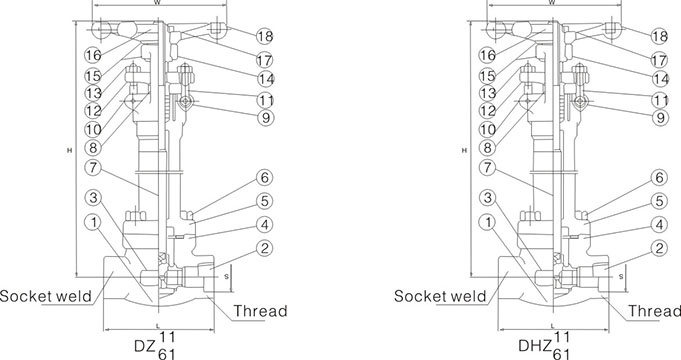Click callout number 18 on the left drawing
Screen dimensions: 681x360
pos(265,36)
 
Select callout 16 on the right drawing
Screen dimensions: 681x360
pos(487,55)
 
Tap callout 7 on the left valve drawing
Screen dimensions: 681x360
pos(93,168)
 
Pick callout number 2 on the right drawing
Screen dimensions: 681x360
pos(659,248)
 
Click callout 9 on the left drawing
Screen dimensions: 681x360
pos(266,117)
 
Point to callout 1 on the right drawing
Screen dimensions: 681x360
pos(487,223)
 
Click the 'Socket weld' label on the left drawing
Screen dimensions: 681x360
pos(46,296)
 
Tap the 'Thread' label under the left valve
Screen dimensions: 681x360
pos(261,311)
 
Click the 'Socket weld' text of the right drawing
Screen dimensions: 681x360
pos(440,296)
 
